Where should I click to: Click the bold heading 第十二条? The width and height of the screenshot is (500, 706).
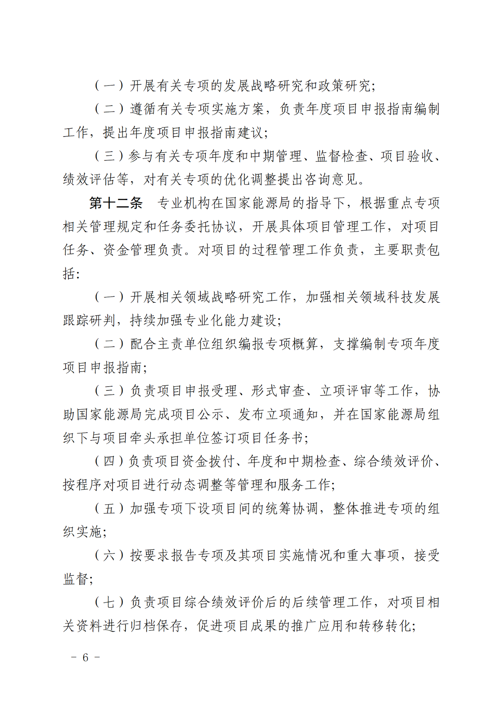pyautogui.click(x=116, y=203)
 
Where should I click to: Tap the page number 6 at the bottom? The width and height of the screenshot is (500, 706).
pyautogui.click(x=86, y=657)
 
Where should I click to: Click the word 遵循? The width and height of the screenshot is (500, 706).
pyautogui.click(x=143, y=109)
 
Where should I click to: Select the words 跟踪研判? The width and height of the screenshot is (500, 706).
pyautogui.click(x=89, y=321)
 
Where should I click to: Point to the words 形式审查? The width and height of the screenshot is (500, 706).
pyautogui.click(x=278, y=391)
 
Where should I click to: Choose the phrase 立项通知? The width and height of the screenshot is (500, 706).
pyautogui.click(x=291, y=414)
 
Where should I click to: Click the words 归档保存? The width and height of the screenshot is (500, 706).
pyautogui.click(x=157, y=626)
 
